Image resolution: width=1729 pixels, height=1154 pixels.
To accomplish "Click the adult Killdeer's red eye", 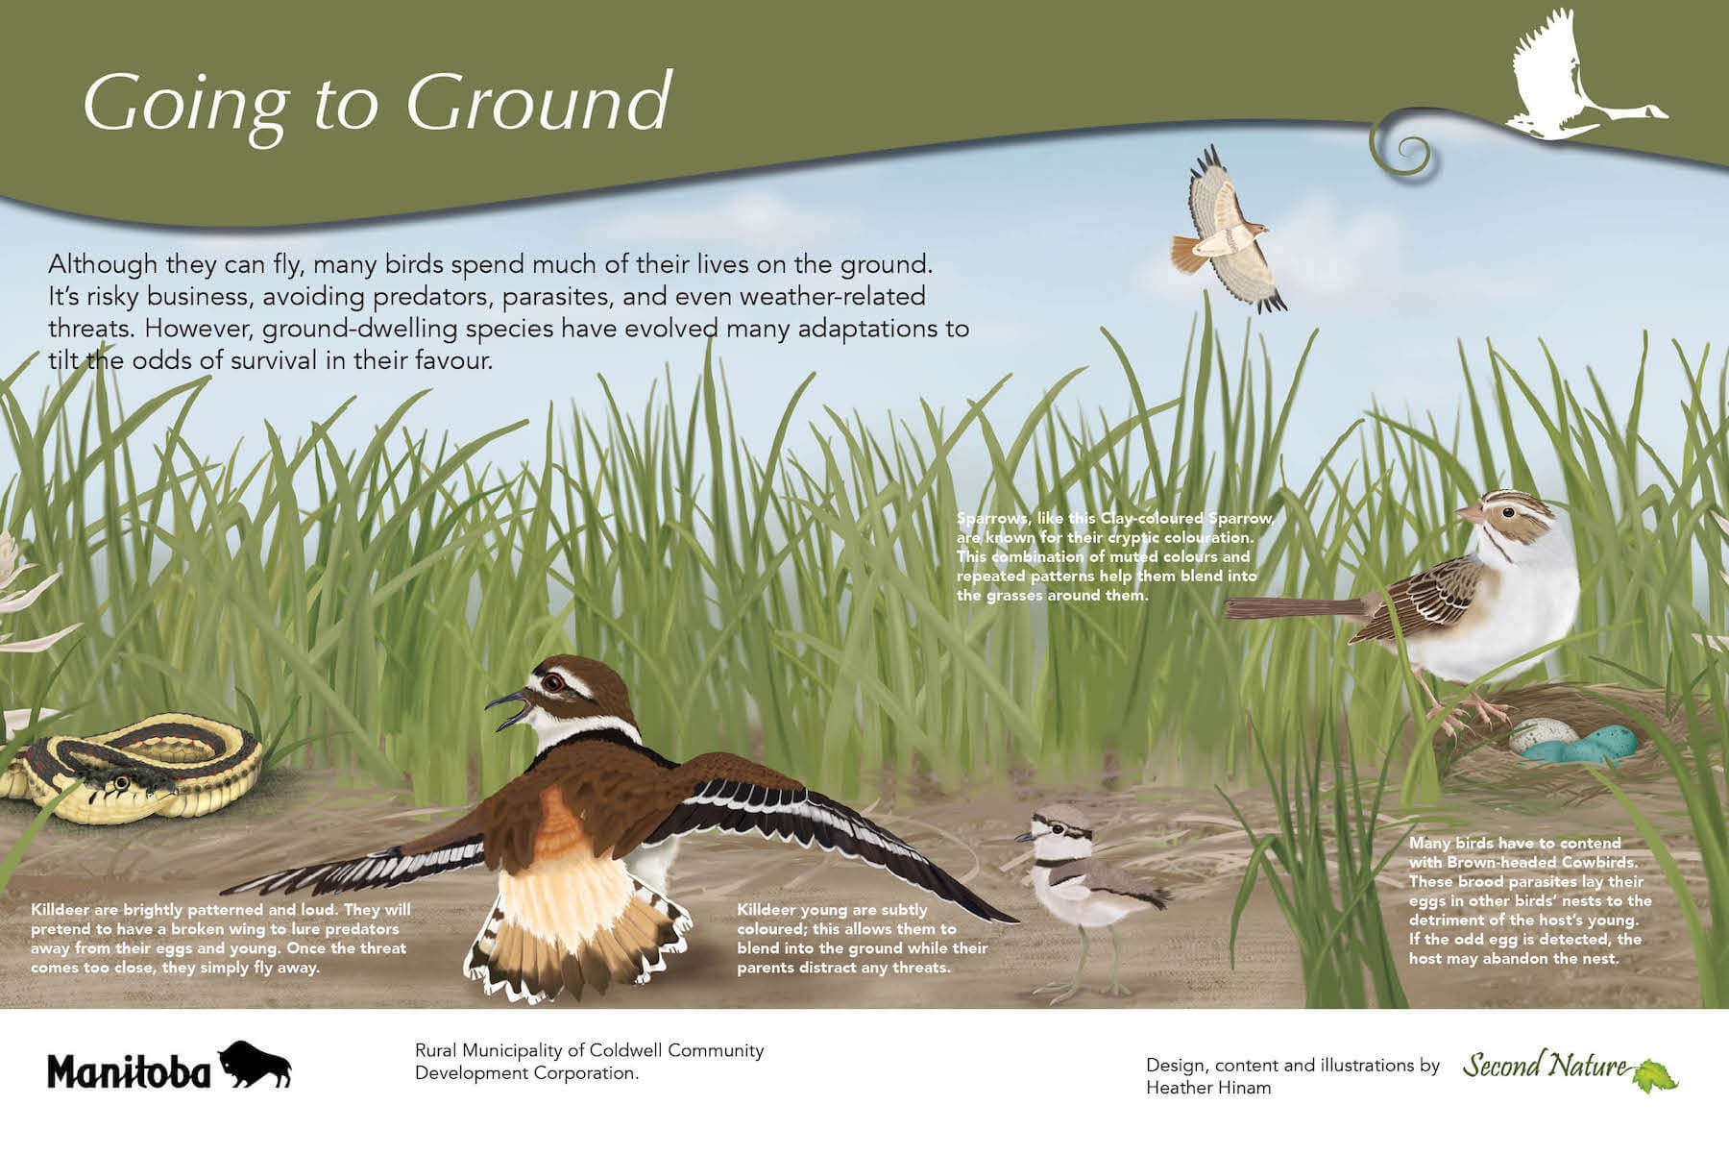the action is (x=552, y=683).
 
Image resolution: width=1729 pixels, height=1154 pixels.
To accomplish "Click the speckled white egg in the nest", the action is (x=1532, y=736).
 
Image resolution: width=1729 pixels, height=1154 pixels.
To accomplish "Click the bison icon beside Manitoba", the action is (x=255, y=1064).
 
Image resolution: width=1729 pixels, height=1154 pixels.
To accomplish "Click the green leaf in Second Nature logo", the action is (x=1654, y=1075).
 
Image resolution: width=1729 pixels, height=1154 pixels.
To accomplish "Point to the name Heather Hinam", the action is (x=1208, y=1088).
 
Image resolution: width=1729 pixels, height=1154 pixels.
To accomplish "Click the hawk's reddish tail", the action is (x=1189, y=254).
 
